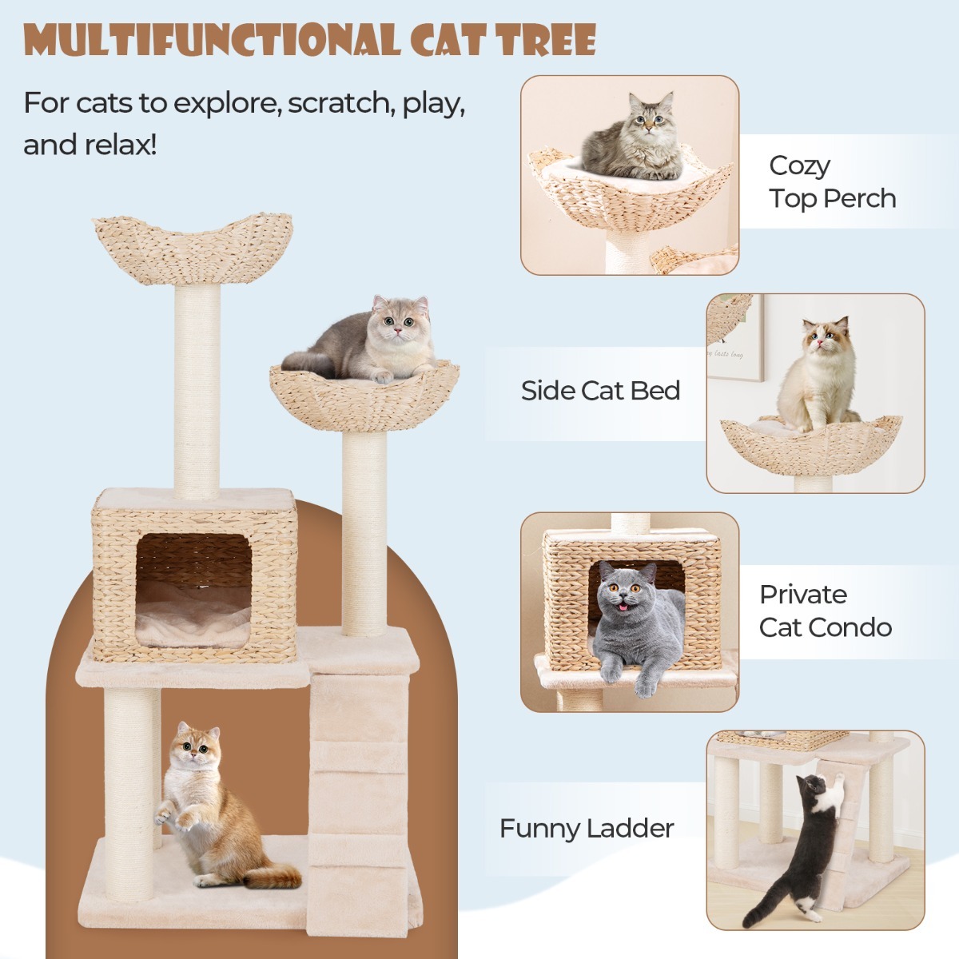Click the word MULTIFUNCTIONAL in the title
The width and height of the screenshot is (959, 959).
coord(213,40)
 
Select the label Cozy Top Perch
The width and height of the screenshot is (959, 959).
coord(831,181)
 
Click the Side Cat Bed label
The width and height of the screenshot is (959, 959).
coord(600,391)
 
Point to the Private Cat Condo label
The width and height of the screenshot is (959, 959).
coord(825,611)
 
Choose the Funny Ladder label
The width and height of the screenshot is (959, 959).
coord(587,829)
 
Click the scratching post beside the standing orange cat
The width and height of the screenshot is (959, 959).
coord(132,791)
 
